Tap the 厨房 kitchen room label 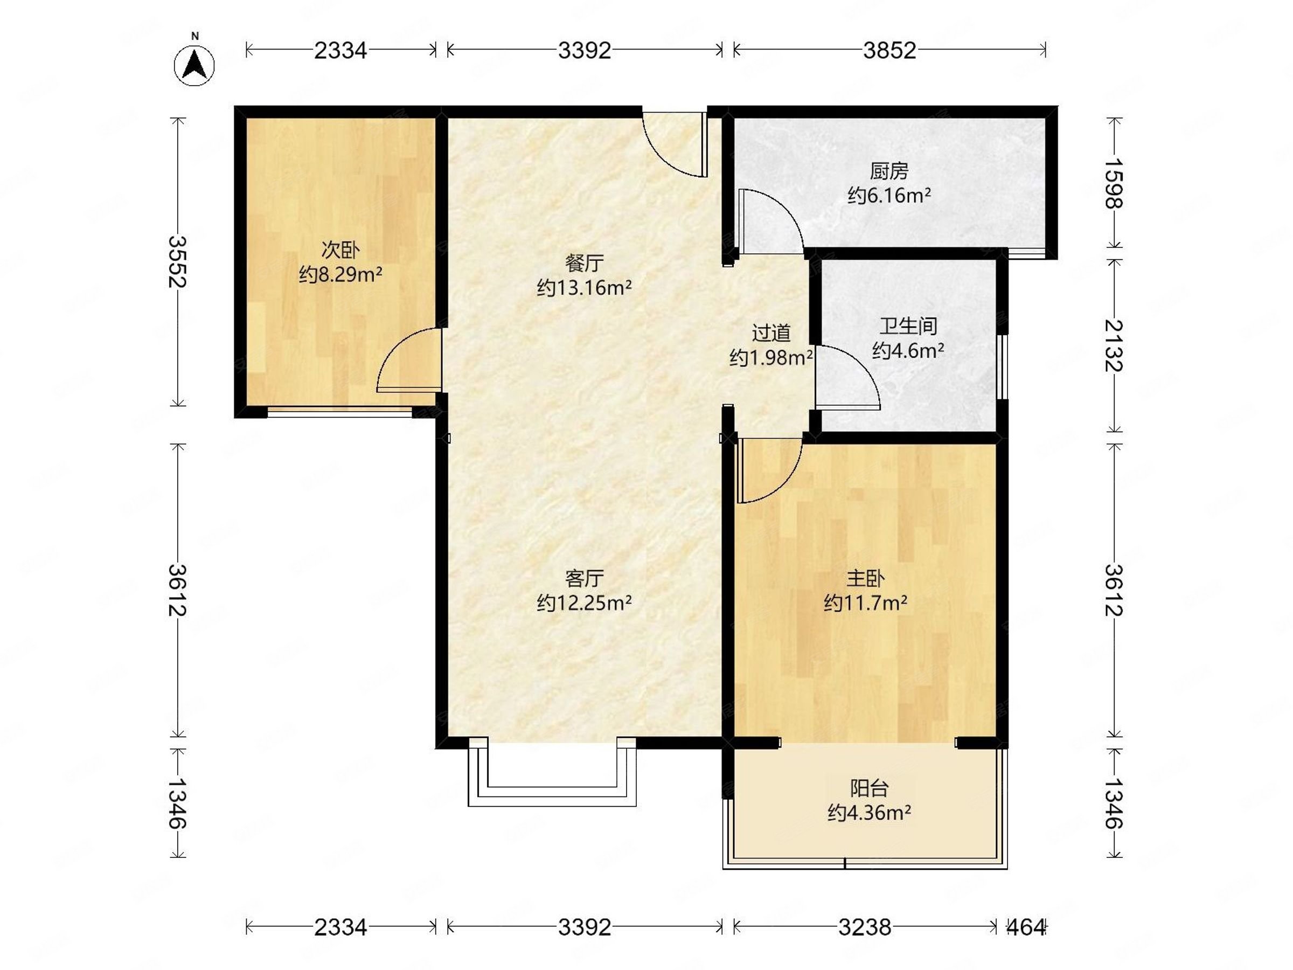point(889,171)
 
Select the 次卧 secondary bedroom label point(340,251)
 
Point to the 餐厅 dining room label point(584,263)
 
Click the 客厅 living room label point(584,578)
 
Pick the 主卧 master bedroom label point(865,578)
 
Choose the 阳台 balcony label point(869,789)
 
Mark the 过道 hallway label point(771,333)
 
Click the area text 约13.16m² point(584,288)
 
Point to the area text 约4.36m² point(869,813)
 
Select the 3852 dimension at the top point(889,51)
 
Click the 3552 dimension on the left point(177,261)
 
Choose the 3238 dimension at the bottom point(865,927)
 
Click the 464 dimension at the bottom point(1026,927)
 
